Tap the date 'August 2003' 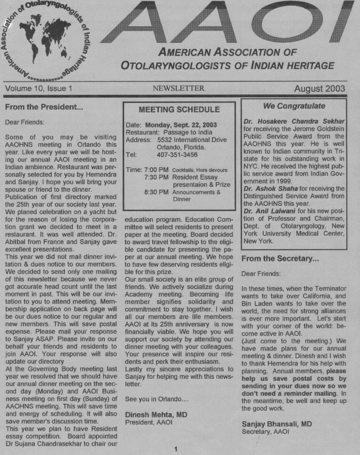pyautogui.click(x=320, y=88)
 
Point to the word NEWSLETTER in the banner pyautogui.click(x=178, y=88)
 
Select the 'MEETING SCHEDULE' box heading pyautogui.click(x=179, y=110)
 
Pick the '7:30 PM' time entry pyautogui.click(x=157, y=177)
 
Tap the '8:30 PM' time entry pyautogui.click(x=157, y=192)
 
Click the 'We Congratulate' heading pyautogui.click(x=294, y=106)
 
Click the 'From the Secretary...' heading pyautogui.click(x=280, y=258)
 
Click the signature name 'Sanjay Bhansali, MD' pyautogui.click(x=277, y=424)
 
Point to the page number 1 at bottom pyautogui.click(x=175, y=449)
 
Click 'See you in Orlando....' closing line pyautogui.click(x=156, y=399)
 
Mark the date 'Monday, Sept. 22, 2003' pyautogui.click(x=181, y=125)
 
